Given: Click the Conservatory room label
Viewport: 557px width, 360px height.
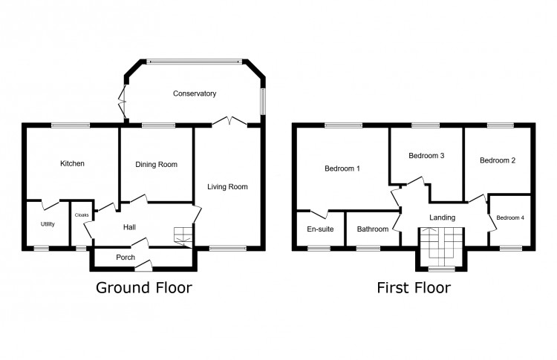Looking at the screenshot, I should click(194, 94).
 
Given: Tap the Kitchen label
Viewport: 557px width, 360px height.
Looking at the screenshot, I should click(73, 163).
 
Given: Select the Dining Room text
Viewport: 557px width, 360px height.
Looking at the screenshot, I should click(156, 164).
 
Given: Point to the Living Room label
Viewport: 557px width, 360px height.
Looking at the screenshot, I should click(227, 186).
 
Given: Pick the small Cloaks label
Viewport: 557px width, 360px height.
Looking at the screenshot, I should click(82, 215).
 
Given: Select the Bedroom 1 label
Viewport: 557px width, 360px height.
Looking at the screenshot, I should click(342, 168).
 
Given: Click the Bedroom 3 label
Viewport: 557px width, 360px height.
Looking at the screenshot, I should click(427, 156).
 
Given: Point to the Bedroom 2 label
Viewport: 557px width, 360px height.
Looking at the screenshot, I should click(498, 160).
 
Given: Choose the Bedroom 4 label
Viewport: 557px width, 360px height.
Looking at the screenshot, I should click(509, 217).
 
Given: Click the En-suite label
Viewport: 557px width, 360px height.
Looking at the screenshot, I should click(320, 229).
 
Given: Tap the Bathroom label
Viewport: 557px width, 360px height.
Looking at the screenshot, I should click(372, 229).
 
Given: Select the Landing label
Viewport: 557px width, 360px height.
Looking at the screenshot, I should click(442, 217).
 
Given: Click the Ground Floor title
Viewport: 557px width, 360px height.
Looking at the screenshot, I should click(143, 288).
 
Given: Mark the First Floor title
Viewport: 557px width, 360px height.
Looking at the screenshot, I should click(413, 288).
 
